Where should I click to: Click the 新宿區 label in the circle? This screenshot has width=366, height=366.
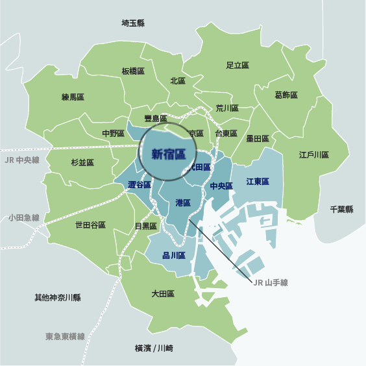coord(168,154)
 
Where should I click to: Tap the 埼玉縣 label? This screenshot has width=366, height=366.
coord(133,23)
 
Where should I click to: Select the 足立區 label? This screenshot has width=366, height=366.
coord(238,66)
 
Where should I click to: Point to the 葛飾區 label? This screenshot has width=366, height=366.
coord(286,95)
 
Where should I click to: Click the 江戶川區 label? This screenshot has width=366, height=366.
coord(314,156)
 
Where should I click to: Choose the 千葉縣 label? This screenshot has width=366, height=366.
coord(341,210)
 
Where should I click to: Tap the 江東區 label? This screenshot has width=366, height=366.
coord(258,182)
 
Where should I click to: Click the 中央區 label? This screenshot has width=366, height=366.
coord(221,186)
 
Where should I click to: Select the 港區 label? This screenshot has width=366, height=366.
coord(183,203)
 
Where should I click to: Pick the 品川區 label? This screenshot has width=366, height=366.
coord(174,255)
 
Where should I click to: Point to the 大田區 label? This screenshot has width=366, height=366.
coord(163,294)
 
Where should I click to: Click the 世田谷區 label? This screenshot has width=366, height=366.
coord(90,225)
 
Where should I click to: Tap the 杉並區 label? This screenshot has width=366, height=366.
coord(82,162)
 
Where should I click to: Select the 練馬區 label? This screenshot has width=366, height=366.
coord(73,97)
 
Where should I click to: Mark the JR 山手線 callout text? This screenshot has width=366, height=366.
coord(269,282)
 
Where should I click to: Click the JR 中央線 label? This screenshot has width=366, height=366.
coord(21,160)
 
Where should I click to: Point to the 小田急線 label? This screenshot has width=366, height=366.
coord(24,218)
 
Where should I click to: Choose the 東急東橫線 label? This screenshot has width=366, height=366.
coord(65,337)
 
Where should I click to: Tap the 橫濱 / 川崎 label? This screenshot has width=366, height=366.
coord(154,348)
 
